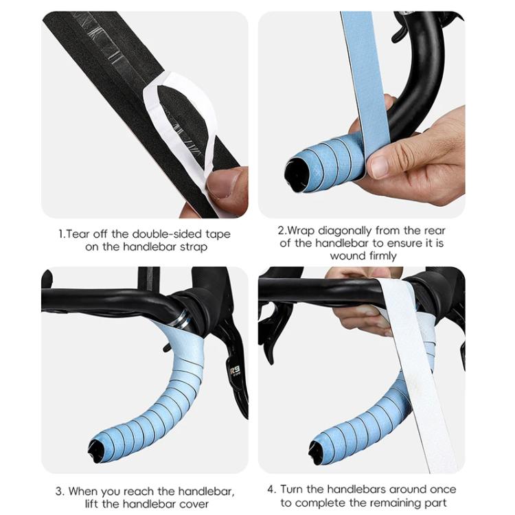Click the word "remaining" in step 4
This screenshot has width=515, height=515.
click(x=401, y=503)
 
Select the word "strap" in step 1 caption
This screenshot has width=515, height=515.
click(x=192, y=247)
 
